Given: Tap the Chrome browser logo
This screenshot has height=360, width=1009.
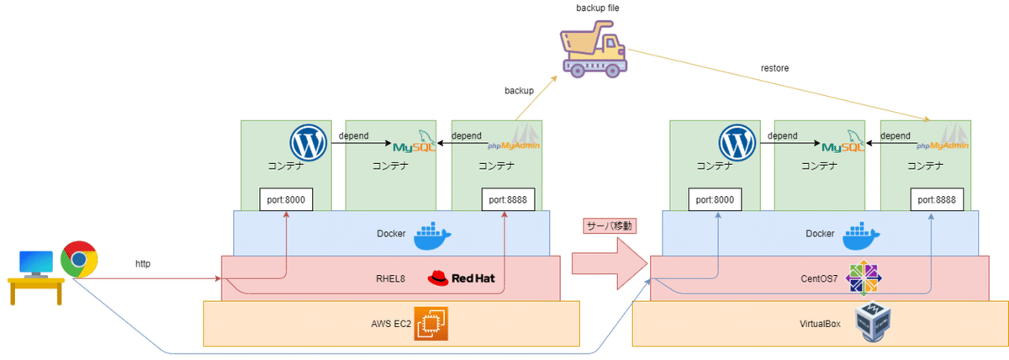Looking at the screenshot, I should [78, 261].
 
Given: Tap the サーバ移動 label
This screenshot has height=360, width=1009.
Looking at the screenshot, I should [607, 226].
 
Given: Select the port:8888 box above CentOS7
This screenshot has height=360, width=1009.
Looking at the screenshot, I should [935, 200].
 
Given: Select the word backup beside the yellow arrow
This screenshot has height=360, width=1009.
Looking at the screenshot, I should [519, 90].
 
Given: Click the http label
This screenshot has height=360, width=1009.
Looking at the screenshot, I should [143, 262].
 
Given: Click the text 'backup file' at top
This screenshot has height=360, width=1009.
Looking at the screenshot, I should [598, 8].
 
